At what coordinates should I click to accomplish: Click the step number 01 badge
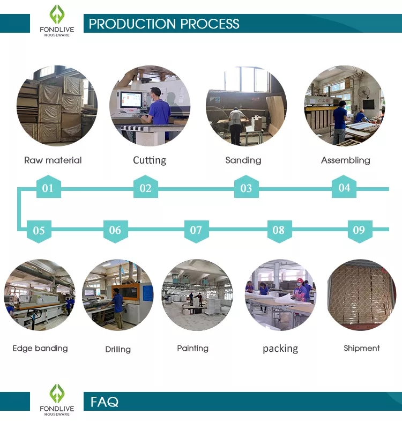(x=48, y=188)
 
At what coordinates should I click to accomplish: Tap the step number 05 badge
(x=39, y=231)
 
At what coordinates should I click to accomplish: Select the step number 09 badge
(x=359, y=230)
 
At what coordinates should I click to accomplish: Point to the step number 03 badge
(x=246, y=188)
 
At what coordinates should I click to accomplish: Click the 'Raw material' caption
(x=53, y=160)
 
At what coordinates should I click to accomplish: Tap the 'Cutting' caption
(x=150, y=160)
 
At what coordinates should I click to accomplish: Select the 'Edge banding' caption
(x=40, y=349)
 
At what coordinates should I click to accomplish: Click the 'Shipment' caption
(x=362, y=349)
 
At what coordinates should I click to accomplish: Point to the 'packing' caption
(x=280, y=349)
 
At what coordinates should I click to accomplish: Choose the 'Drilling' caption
(x=118, y=350)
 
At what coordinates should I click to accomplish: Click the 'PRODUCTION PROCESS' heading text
(x=164, y=24)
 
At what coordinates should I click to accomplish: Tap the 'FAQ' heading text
(x=105, y=402)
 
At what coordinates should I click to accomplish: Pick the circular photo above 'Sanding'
(x=246, y=106)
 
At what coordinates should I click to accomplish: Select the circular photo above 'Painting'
(x=197, y=295)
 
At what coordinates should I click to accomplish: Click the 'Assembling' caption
(x=345, y=160)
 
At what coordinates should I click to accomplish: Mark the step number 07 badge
(x=196, y=230)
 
